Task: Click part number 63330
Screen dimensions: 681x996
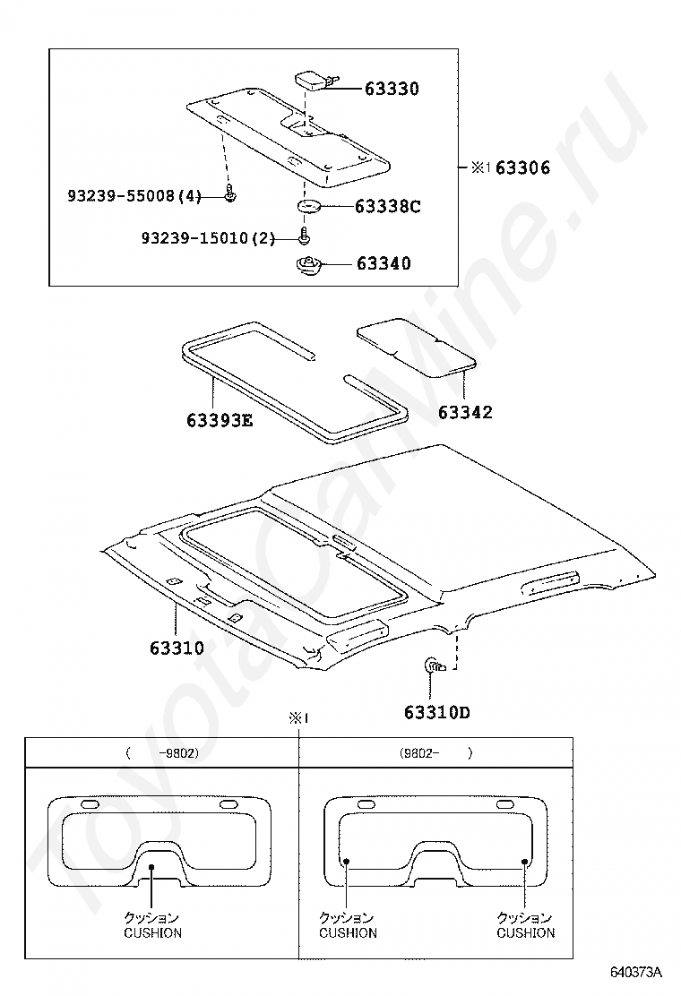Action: click(x=392, y=89)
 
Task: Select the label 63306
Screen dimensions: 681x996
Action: click(x=522, y=167)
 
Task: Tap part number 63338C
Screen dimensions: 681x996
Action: click(x=387, y=206)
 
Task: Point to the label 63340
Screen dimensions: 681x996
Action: click(x=384, y=263)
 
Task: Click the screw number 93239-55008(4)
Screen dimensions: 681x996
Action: click(x=134, y=195)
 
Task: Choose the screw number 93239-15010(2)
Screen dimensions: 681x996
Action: click(x=209, y=238)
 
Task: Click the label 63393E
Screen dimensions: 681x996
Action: click(x=220, y=420)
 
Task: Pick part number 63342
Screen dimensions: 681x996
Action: click(x=465, y=412)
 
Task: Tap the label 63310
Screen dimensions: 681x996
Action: click(x=177, y=648)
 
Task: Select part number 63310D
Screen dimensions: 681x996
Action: click(x=437, y=712)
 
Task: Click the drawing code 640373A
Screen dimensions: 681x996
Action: click(x=636, y=972)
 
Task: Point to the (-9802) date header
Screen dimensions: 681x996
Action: click(x=162, y=753)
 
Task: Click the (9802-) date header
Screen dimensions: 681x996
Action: click(x=436, y=753)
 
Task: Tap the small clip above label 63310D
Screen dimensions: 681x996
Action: click(x=435, y=665)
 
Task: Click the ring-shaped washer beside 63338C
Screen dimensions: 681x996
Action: click(x=308, y=206)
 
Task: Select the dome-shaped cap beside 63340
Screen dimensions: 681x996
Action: click(x=309, y=263)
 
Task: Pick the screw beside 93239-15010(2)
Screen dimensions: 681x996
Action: click(x=305, y=235)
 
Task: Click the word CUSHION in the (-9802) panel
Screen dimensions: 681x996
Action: click(x=152, y=933)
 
